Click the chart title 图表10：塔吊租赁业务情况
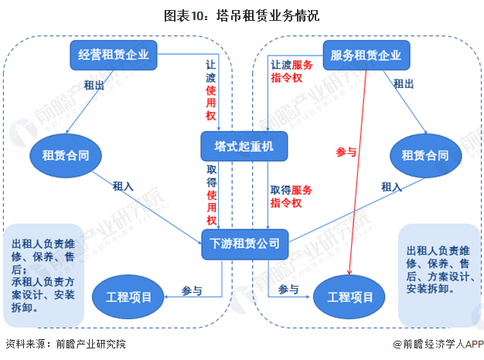coord(242,14)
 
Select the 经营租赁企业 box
coord(113,55)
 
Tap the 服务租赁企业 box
coord(366,55)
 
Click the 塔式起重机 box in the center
coord(244,144)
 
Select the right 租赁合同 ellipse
coord(424,156)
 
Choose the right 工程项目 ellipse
coord(350,297)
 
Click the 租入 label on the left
coord(123,186)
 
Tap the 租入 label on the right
coord(391,186)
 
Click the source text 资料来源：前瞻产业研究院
coord(65,345)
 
